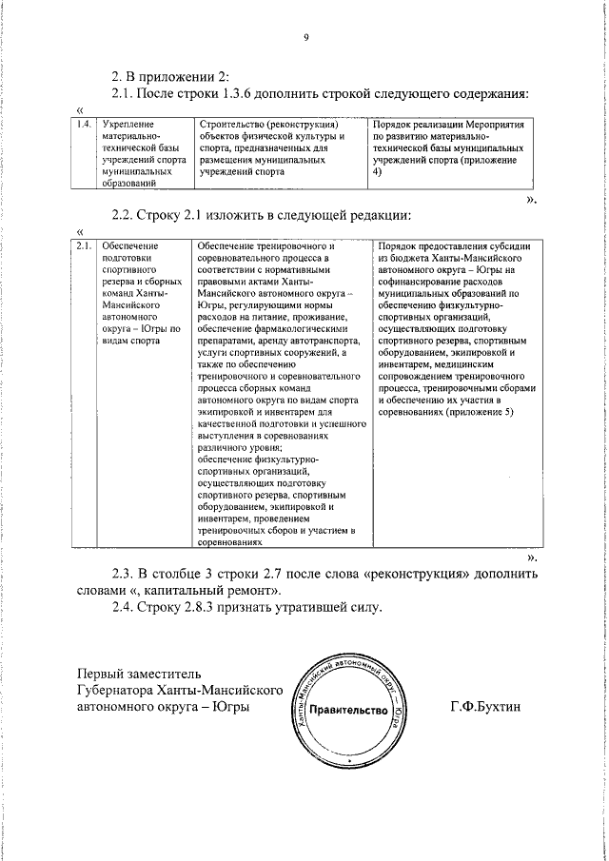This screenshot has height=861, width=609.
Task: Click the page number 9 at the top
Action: pyautogui.click(x=306, y=38)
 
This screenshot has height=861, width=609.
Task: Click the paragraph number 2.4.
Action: pyautogui.click(x=125, y=607)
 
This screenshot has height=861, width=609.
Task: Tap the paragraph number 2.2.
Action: pyautogui.click(x=125, y=216)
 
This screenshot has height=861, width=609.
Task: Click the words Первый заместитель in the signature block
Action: pyautogui.click(x=139, y=675)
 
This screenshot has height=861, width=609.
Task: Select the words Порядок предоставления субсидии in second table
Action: pyautogui.click(x=457, y=247)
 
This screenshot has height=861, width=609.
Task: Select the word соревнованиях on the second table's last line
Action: pyautogui.click(x=230, y=542)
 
